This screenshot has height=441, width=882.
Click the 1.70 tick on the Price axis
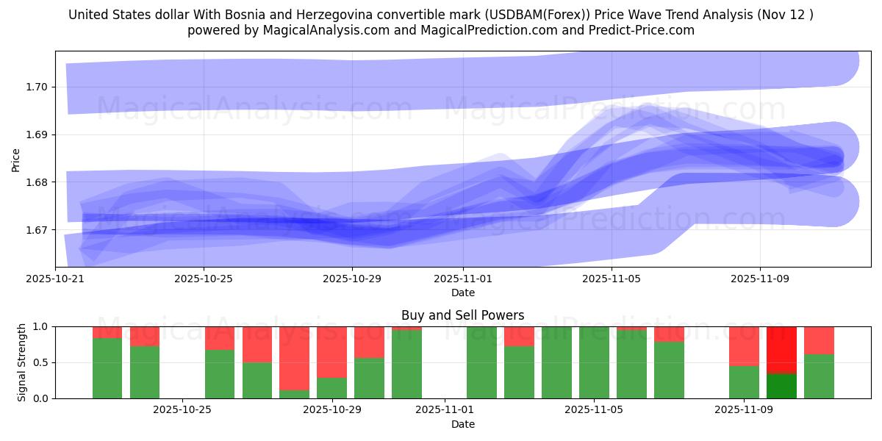coord(36,87)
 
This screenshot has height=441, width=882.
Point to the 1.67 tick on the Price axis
coord(36,230)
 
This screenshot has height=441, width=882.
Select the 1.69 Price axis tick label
coord(36,135)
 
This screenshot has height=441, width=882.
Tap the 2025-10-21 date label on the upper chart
coord(55,279)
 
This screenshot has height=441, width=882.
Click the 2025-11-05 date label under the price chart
coord(612,279)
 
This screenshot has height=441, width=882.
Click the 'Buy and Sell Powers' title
coord(462,316)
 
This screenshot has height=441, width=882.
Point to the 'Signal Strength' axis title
coord(22,362)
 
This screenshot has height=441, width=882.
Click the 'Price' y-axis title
coord(16,159)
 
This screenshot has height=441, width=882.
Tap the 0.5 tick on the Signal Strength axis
coord(41,362)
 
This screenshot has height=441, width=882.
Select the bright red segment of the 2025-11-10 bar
coord(781,350)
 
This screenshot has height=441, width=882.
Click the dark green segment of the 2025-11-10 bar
coord(781,386)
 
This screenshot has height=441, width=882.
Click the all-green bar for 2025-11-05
coord(594,362)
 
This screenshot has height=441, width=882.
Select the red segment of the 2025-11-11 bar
coord(819,340)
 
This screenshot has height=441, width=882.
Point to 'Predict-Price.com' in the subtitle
coord(643,30)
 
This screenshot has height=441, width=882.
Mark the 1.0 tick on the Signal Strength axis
coord(41,326)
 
